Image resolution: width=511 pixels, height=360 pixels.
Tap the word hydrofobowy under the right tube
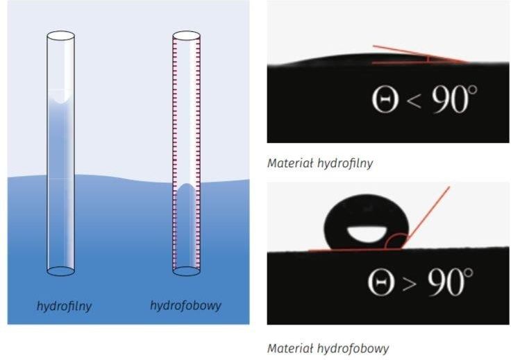pos(185,305)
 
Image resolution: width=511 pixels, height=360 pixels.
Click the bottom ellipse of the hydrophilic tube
pos(60,271)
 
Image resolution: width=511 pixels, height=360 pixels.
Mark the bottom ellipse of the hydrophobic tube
pos(186,271)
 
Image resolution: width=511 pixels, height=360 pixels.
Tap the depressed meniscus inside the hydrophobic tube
pos(186,188)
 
